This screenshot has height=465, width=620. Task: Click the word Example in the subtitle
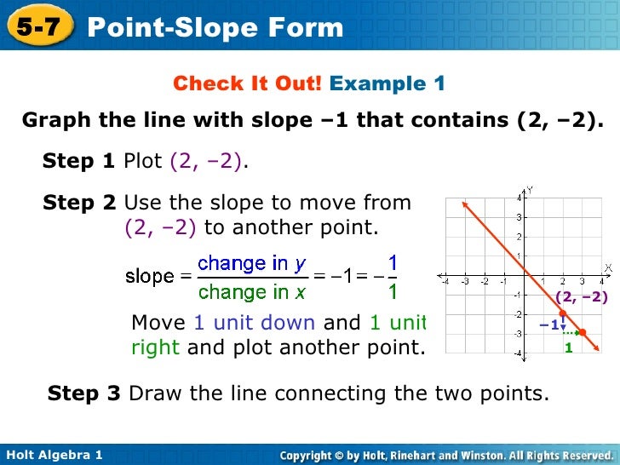(377, 83)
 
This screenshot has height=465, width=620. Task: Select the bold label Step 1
(78, 160)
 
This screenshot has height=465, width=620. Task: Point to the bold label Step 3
(83, 393)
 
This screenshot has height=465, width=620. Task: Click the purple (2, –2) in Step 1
(205, 161)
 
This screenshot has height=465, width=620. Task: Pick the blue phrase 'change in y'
(252, 264)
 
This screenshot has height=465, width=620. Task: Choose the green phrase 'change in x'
(252, 292)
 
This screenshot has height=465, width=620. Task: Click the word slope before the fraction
(150, 276)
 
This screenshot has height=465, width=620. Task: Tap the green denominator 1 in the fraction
(393, 292)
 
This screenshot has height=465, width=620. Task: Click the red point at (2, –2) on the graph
(563, 313)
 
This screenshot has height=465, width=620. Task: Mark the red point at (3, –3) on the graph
(582, 332)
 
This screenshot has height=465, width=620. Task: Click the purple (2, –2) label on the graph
(581, 297)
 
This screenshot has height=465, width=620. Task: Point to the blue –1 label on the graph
(549, 325)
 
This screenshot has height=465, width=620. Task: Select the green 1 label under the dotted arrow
(569, 348)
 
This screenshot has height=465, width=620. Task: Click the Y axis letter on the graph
(530, 190)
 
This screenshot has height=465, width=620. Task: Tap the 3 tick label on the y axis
(520, 217)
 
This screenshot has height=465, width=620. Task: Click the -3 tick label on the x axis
(465, 282)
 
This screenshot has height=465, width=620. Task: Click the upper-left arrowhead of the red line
(464, 204)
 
